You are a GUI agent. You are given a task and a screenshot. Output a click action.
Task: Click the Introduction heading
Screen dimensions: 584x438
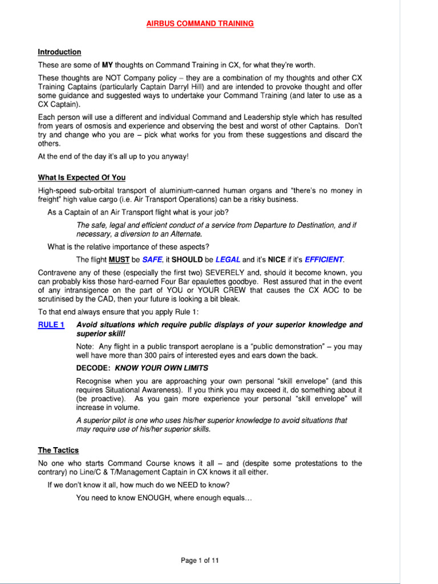coord(59,52)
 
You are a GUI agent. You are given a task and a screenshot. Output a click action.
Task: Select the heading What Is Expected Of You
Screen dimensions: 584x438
coord(82,177)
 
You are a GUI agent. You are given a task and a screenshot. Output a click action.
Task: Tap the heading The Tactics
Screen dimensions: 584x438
coord(58,450)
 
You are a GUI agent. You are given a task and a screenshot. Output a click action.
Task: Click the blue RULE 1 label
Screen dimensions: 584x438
coord(51,325)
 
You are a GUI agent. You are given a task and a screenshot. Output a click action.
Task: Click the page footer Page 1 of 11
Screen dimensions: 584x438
coord(200,561)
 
